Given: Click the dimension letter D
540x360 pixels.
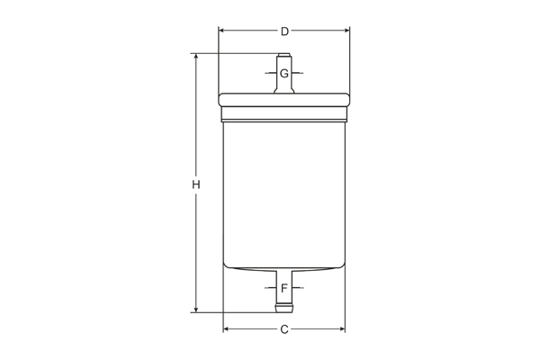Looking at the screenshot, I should pos(284,31).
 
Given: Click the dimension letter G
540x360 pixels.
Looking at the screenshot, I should pos(283,73).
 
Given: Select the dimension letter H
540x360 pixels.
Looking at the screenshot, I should pos(195,184).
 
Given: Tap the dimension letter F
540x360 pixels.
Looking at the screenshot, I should pos(283,288).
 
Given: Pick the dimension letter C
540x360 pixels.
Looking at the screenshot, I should pos(284,329).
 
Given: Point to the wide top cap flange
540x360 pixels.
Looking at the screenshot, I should pos(283,100).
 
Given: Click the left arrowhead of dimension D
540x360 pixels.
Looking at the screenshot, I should pos(222,31).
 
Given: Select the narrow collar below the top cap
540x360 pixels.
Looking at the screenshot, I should pos(283,114).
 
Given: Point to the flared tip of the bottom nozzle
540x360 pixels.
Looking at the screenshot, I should pos(283,309).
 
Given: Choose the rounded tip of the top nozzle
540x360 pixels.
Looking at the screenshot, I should pos(283,57).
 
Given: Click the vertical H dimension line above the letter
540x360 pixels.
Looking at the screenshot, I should pos(195,117).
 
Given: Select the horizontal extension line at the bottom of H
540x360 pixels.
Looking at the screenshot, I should pos(234,313).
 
